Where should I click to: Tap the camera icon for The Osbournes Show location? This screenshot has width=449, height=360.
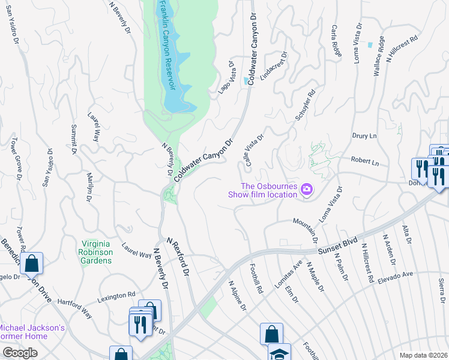click(307, 190)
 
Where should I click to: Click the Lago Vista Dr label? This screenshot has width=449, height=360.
click(224, 77)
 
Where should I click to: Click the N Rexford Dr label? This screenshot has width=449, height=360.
click(178, 256)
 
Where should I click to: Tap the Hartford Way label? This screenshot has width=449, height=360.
click(75, 311)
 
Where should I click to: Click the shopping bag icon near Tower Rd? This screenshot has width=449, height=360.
click(31, 263)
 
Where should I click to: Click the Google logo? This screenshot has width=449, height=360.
click(20, 353)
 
